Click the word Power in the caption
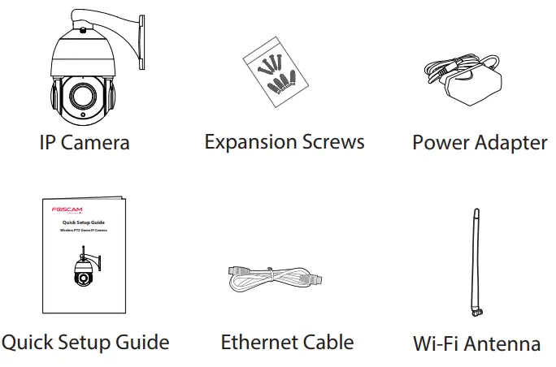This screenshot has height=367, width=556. click(441, 143)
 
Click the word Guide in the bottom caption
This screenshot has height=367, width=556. click(141, 342)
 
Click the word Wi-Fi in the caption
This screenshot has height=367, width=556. click(435, 343)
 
